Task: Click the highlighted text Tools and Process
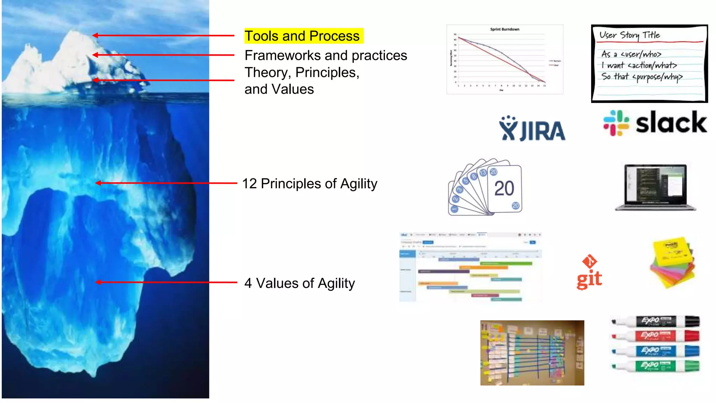point(302,36)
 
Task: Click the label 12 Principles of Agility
point(309,184)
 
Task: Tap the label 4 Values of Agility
point(300,283)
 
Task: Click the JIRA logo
point(532,129)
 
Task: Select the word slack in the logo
point(671,123)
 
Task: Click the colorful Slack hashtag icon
point(616,123)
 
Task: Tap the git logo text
point(589,279)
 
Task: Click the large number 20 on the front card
point(504,189)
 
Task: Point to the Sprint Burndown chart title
point(504,29)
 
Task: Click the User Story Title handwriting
point(630,35)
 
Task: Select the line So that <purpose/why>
point(642,77)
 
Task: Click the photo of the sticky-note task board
point(532,353)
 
